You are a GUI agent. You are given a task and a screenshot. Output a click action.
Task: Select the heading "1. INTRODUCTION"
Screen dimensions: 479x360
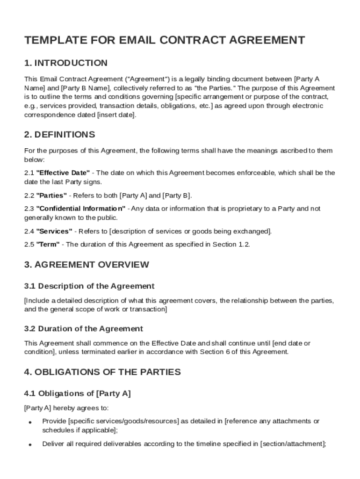click(x=66, y=63)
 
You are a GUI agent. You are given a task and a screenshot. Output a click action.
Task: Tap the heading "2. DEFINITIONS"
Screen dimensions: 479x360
click(x=59, y=135)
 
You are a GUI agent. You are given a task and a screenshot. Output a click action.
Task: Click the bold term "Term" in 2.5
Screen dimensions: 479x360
click(x=48, y=244)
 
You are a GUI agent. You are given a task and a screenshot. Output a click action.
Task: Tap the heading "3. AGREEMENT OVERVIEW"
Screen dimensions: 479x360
click(x=86, y=265)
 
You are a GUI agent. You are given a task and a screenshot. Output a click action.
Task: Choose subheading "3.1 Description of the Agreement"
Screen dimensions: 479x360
click(x=89, y=286)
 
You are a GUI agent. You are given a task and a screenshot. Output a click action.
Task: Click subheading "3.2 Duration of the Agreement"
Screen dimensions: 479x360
click(x=84, y=329)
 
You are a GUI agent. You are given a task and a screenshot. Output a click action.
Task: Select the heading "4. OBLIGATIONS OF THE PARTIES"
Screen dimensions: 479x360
click(x=102, y=372)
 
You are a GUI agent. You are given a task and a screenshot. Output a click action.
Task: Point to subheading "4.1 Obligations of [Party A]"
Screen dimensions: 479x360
click(x=77, y=393)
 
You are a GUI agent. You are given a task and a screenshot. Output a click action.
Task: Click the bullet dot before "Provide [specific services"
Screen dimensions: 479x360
click(x=29, y=422)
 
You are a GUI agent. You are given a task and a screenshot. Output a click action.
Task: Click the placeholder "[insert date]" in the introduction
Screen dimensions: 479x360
click(x=116, y=115)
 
